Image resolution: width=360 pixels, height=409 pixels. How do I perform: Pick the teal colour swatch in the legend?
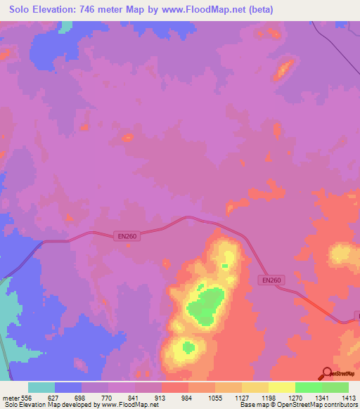click(x=41, y=387)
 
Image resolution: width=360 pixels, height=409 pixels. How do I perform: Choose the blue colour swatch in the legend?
click(x=68, y=387)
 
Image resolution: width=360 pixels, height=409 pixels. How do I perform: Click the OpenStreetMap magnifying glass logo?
click(x=325, y=372)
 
